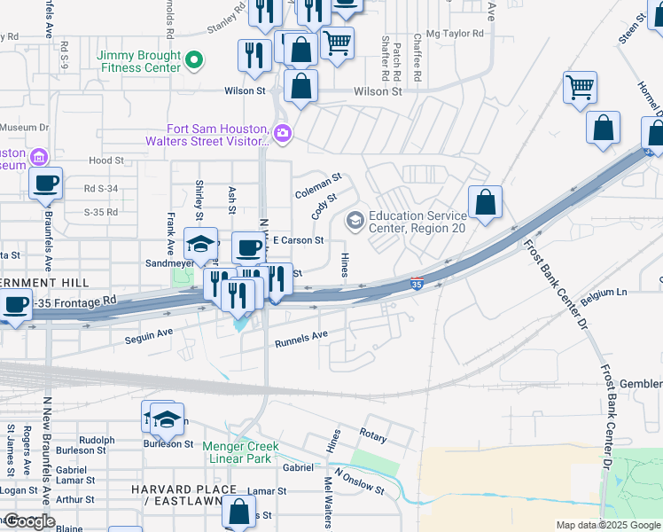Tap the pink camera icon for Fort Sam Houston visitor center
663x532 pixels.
283,134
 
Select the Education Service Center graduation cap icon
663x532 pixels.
355,219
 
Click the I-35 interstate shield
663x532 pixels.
417,284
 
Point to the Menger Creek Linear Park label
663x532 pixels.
240,452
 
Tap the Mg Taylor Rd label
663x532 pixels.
455,34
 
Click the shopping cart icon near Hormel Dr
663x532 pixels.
580,87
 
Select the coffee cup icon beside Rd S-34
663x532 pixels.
45,184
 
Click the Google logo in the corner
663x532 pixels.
28,521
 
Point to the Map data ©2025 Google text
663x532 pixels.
608,525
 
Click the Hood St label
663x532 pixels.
106,160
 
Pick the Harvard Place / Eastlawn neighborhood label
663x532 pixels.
183,496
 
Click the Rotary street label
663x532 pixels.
373,434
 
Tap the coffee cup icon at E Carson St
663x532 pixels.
249,247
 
